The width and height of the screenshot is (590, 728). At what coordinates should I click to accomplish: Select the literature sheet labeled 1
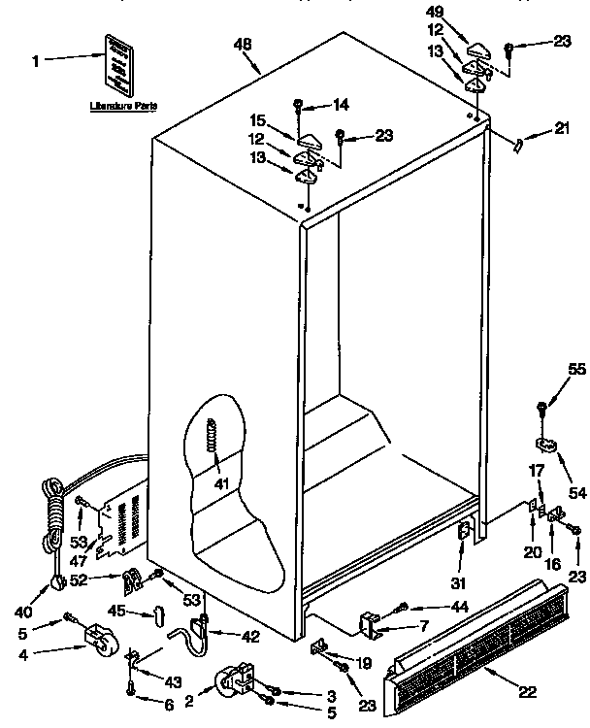[x=118, y=62]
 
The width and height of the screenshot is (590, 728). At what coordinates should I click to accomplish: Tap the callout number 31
[x=458, y=582]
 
